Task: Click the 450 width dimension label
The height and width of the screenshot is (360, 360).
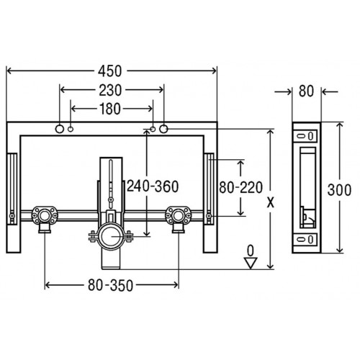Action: click(110, 71)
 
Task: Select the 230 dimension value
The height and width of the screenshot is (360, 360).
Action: click(110, 91)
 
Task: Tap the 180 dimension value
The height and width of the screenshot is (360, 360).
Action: click(109, 109)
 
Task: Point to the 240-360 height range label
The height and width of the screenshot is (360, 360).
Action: click(153, 186)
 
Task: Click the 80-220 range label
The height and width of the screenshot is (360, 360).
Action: click(240, 187)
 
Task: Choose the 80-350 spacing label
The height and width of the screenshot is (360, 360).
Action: click(110, 285)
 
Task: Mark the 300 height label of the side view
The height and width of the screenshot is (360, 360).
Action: click(339, 190)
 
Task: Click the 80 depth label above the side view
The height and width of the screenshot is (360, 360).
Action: click(306, 91)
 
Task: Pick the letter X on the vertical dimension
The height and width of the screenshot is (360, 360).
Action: click(271, 203)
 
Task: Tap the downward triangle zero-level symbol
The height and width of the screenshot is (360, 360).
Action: click(251, 263)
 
